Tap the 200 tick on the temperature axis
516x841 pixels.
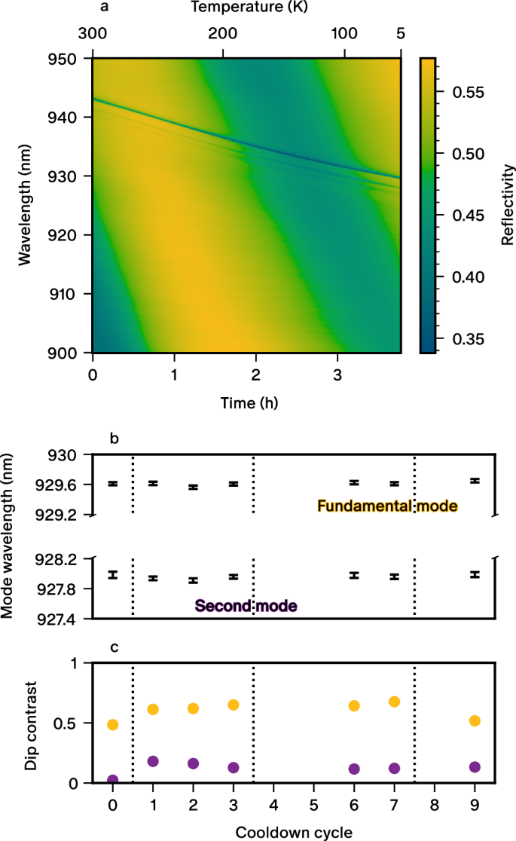(223, 35)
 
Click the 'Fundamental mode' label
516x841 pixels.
(387, 506)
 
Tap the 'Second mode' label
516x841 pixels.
(246, 605)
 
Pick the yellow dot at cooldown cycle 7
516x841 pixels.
(394, 702)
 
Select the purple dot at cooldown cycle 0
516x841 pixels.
(112, 780)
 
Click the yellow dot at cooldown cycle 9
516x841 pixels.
(475, 720)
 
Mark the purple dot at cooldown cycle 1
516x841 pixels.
(153, 761)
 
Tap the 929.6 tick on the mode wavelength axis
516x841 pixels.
(65, 485)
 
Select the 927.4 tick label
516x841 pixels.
(65, 619)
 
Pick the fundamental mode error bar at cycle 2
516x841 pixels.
(193, 488)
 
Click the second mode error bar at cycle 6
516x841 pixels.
(354, 575)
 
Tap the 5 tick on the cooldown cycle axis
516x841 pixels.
(313, 804)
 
